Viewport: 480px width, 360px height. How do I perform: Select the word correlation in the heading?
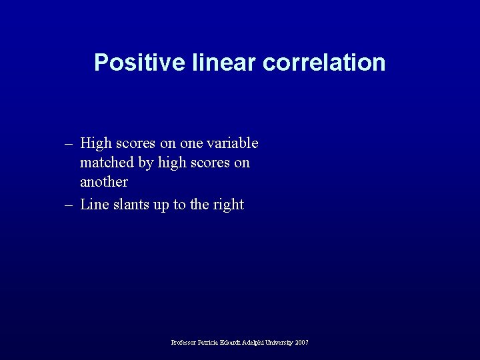(x=324, y=63)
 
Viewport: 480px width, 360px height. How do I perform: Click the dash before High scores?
(x=69, y=143)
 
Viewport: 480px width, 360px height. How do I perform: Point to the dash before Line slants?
(x=69, y=205)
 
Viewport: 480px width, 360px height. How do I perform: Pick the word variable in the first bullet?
(x=234, y=143)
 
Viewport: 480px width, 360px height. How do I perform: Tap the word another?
(x=103, y=182)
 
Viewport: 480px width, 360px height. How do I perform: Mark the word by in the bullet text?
(x=147, y=163)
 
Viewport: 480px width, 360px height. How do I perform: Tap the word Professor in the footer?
(x=184, y=343)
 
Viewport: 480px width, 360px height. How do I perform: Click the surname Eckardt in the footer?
(x=236, y=343)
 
